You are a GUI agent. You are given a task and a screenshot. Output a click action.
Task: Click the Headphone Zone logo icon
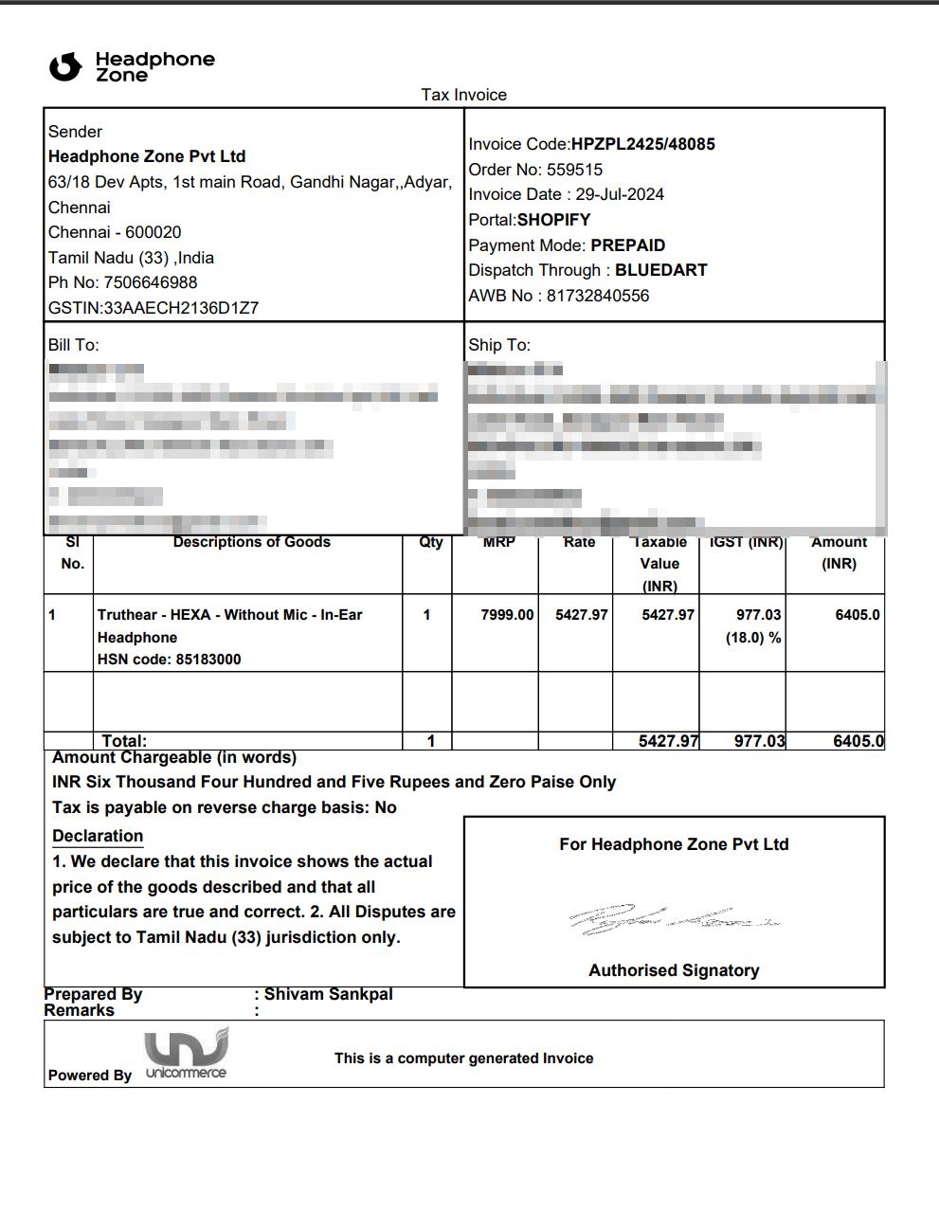coord(65,66)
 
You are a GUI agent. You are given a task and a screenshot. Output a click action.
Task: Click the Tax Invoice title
coord(463,95)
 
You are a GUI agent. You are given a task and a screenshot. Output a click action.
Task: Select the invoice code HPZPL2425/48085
coord(642,144)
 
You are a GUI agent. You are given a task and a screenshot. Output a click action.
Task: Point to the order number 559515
coord(574,170)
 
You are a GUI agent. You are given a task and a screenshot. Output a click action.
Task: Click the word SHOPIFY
coord(553,220)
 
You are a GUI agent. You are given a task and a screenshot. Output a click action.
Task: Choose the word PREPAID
coord(627,245)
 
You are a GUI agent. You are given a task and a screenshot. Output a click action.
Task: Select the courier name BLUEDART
coord(660,270)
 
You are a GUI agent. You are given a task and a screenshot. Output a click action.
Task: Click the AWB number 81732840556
coord(597,296)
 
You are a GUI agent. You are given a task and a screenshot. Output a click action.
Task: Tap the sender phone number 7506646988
coord(151,282)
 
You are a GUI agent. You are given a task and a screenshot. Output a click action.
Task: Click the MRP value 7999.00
coord(507,615)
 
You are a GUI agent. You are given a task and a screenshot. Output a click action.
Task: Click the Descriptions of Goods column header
coord(251,542)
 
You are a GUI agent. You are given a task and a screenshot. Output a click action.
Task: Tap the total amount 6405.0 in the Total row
coord(858,741)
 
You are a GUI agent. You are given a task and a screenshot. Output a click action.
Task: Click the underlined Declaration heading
coord(98,836)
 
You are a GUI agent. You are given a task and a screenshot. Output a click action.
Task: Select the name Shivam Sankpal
coord(328,994)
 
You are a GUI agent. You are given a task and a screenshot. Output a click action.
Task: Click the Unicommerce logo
coord(186,1053)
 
